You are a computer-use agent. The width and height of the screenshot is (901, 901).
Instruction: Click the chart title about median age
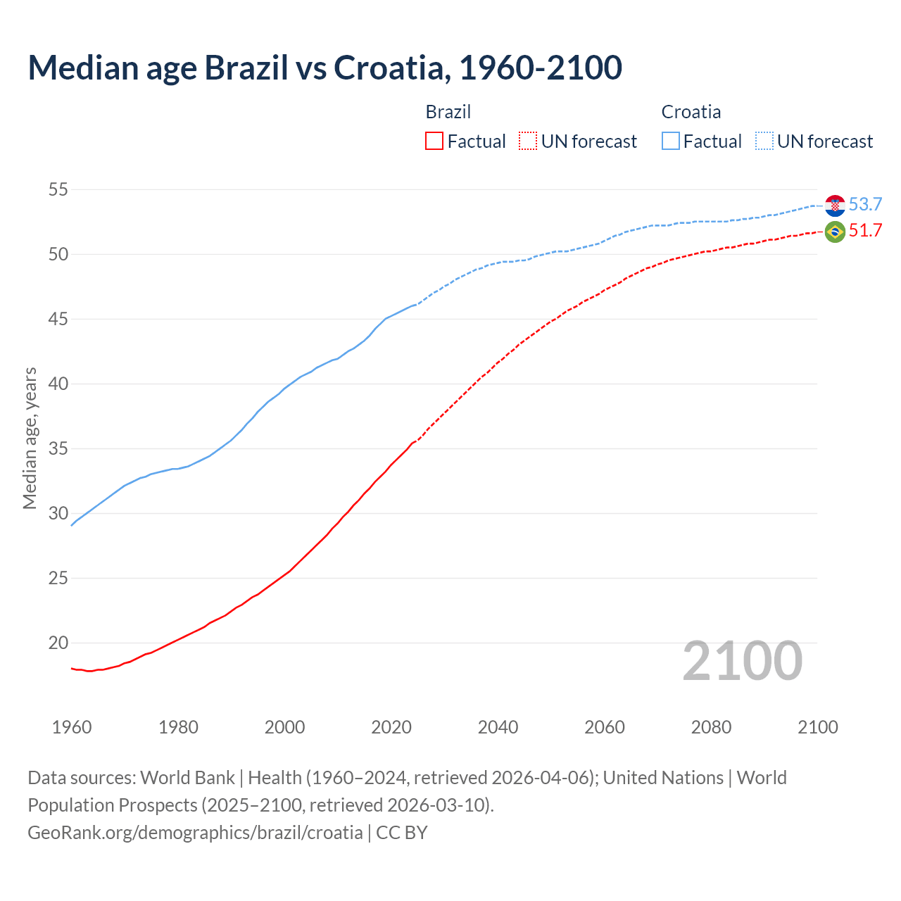click(325, 68)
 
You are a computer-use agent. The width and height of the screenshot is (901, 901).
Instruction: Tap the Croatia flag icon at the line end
click(835, 205)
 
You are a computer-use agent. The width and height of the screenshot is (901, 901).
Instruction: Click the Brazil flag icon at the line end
click(835, 231)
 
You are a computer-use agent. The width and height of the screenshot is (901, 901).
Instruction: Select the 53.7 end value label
click(865, 204)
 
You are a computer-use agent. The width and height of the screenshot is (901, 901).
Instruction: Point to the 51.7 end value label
click(865, 231)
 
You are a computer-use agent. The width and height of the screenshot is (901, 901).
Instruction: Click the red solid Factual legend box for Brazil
click(434, 141)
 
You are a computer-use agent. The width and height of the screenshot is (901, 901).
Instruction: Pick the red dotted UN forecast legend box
click(528, 141)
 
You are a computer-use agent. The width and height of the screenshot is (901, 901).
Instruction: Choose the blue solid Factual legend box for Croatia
click(671, 141)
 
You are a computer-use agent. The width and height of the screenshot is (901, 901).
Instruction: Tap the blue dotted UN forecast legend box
click(764, 141)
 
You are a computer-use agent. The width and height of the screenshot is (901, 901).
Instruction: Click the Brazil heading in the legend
click(448, 112)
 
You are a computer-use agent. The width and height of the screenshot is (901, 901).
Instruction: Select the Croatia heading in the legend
click(691, 112)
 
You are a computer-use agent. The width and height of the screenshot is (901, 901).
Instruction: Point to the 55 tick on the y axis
click(58, 189)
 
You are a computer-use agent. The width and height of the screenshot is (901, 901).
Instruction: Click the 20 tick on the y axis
click(58, 643)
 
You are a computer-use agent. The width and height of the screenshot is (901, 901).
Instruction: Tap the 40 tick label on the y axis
click(58, 384)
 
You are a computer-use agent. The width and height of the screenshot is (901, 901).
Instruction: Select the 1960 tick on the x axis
click(72, 727)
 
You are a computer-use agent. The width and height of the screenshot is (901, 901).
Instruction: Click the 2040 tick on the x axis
click(498, 727)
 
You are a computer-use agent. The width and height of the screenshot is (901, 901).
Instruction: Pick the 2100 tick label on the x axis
click(817, 727)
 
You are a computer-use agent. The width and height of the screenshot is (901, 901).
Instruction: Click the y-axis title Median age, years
click(30, 438)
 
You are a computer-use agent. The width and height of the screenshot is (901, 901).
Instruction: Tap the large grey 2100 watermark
click(742, 661)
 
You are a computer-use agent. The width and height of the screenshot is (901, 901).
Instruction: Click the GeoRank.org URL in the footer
click(195, 833)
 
